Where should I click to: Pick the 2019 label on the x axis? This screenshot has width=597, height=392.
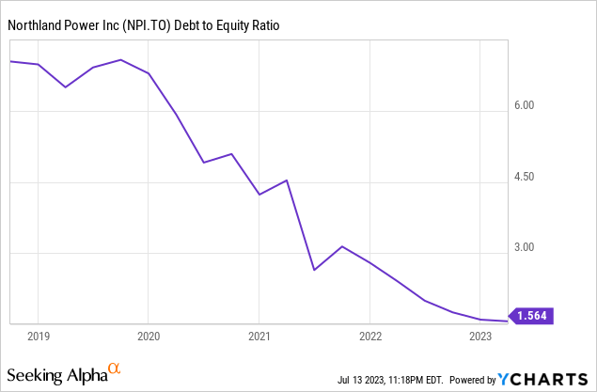[x=38, y=336]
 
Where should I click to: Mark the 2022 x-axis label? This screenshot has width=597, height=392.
[x=370, y=336]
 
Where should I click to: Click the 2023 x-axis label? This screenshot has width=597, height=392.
[x=480, y=336]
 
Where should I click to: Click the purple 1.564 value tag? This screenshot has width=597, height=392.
[x=532, y=317]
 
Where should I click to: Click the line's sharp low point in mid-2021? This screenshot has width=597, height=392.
[x=314, y=270]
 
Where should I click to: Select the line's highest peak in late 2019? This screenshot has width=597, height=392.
[x=121, y=60]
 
